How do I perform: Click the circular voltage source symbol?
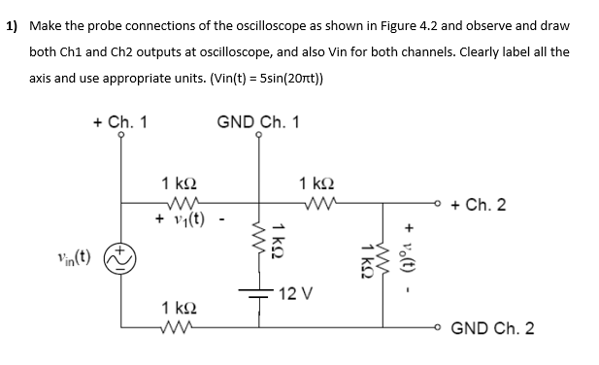(x=121, y=260)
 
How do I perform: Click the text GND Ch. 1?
(x=257, y=122)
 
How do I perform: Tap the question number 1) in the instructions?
(x=14, y=26)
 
